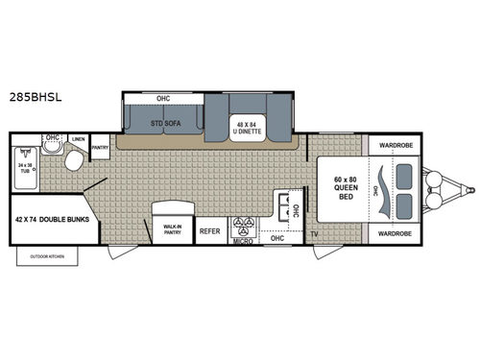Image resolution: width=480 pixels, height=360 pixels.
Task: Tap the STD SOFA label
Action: click(165, 123)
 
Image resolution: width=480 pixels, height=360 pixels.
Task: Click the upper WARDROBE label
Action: click(395, 147)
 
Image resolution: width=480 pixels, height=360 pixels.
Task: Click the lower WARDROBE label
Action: click(395, 233)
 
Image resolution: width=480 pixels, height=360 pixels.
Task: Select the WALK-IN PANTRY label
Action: click(173, 229)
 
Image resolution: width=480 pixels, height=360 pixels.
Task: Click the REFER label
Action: click(209, 231)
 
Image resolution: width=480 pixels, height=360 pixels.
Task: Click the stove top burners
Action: click(241, 229)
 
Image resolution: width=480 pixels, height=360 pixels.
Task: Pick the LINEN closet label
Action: click(78, 140)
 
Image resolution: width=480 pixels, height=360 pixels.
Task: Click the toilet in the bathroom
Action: click(72, 160)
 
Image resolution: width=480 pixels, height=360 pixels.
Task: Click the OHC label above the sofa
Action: click(162, 98)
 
